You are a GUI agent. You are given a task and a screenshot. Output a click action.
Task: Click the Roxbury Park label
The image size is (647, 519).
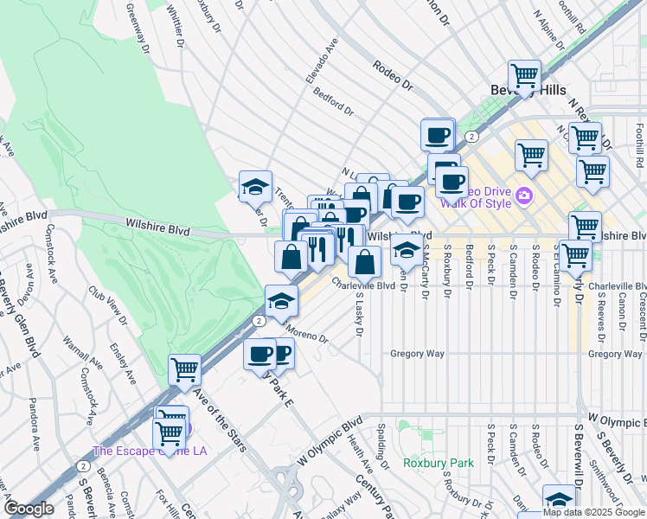(439, 463)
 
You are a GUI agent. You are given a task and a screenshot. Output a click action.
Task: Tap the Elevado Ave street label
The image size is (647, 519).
(319, 68)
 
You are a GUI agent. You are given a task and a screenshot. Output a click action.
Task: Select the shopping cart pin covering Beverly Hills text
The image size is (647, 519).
(524, 77)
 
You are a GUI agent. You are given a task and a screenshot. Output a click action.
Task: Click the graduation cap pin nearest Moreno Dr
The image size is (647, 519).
(281, 301)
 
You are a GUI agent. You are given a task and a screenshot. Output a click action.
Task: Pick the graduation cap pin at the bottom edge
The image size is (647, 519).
(559, 501)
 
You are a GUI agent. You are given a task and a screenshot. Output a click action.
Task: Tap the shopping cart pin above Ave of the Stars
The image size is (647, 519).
(185, 370)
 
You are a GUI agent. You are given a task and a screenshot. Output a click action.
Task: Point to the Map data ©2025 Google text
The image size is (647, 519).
(593, 513)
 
